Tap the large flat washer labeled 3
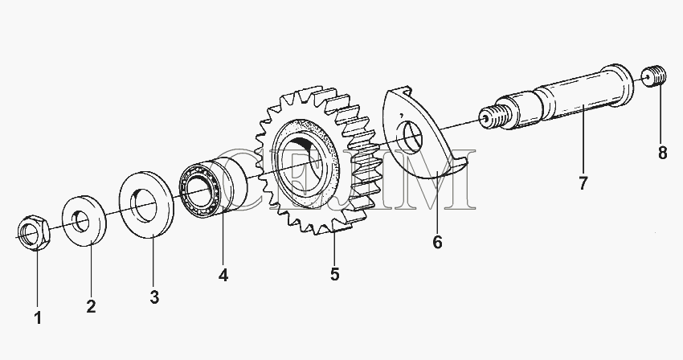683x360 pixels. (x=147, y=204)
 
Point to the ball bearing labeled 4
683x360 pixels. (x=213, y=186)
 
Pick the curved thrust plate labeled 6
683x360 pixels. (x=425, y=135)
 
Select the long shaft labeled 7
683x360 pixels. (x=558, y=97)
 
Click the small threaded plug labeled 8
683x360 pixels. (x=654, y=76)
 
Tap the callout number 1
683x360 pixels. (x=38, y=318)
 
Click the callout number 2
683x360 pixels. (x=91, y=306)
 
